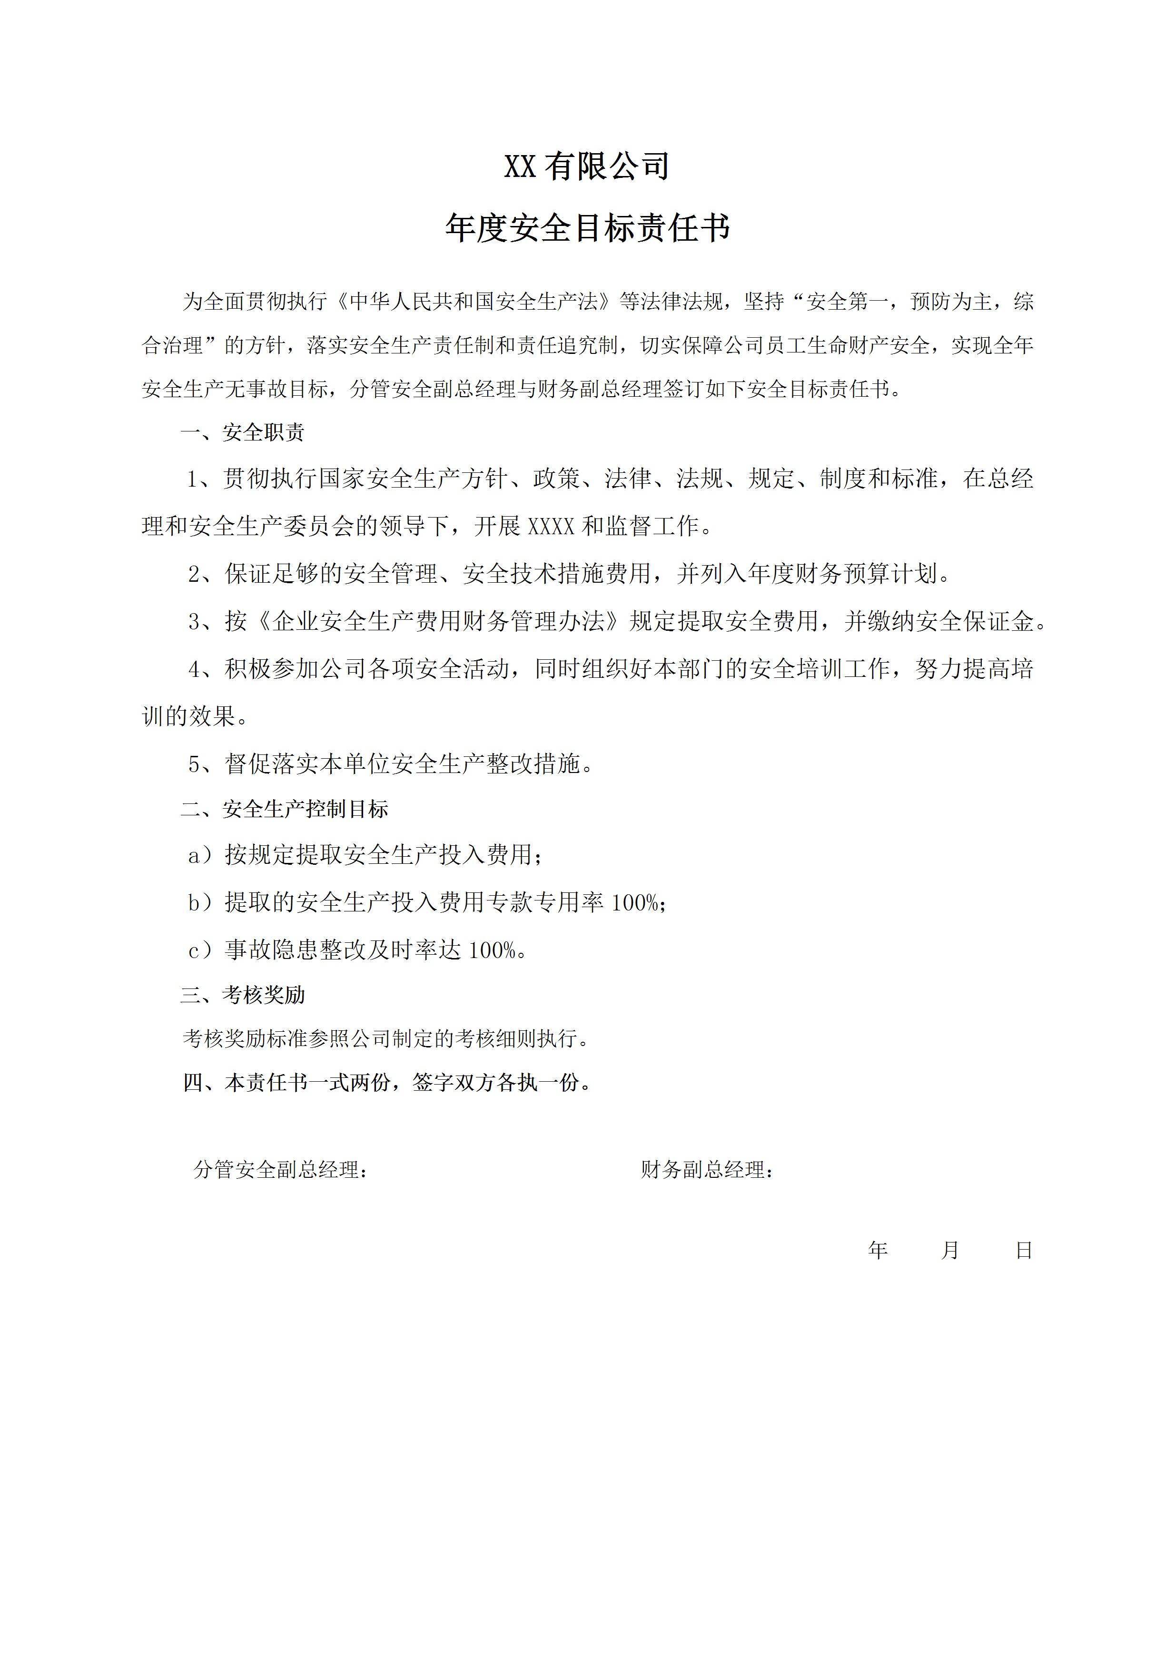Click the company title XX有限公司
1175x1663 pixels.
587,166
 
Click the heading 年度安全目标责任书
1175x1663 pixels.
587,229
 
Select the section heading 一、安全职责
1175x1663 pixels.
243,432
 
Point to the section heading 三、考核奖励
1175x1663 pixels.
243,995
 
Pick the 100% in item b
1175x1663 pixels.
635,902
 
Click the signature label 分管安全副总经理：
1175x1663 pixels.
281,1169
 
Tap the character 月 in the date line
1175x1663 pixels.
950,1250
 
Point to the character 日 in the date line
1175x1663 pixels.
1024,1250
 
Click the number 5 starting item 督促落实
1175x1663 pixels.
194,764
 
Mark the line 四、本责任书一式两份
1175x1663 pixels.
387,1082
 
